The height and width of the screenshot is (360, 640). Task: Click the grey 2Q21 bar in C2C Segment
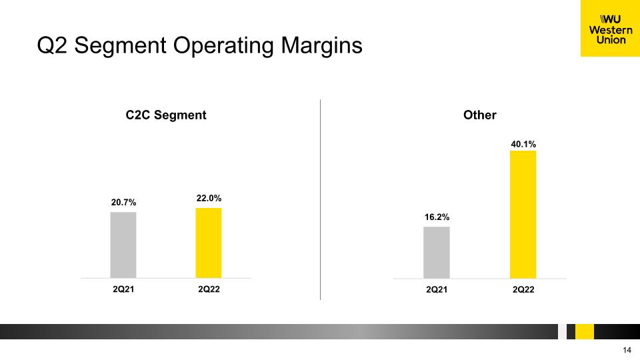pos(123,245)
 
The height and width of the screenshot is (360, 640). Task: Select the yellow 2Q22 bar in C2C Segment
pos(209,243)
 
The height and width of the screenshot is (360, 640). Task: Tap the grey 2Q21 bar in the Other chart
pos(437,253)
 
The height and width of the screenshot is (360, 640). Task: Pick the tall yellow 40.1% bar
pos(523,215)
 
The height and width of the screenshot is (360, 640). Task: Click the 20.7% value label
pos(124,203)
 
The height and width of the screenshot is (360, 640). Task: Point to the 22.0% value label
pos(209,199)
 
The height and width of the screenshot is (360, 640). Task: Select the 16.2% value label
pos(437,217)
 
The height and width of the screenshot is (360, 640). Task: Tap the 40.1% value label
pos(523,144)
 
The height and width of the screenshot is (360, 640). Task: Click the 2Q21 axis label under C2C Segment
pos(123,289)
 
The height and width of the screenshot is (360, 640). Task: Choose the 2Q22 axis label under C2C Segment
pos(209,289)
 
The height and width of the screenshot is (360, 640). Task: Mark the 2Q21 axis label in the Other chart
pos(437,290)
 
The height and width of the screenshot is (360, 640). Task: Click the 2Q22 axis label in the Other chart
pos(523,290)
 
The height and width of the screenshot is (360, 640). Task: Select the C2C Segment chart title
pos(166,115)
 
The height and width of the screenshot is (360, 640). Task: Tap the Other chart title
pos(479,115)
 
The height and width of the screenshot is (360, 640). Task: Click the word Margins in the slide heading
pos(321,46)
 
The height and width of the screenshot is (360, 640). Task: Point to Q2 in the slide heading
pos(52,45)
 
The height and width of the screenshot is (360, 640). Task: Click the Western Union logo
pos(610,28)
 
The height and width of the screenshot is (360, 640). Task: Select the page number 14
pos(627,350)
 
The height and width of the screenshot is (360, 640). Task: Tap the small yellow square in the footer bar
pos(585,331)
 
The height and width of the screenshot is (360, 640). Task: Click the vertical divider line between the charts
pos(321,199)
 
